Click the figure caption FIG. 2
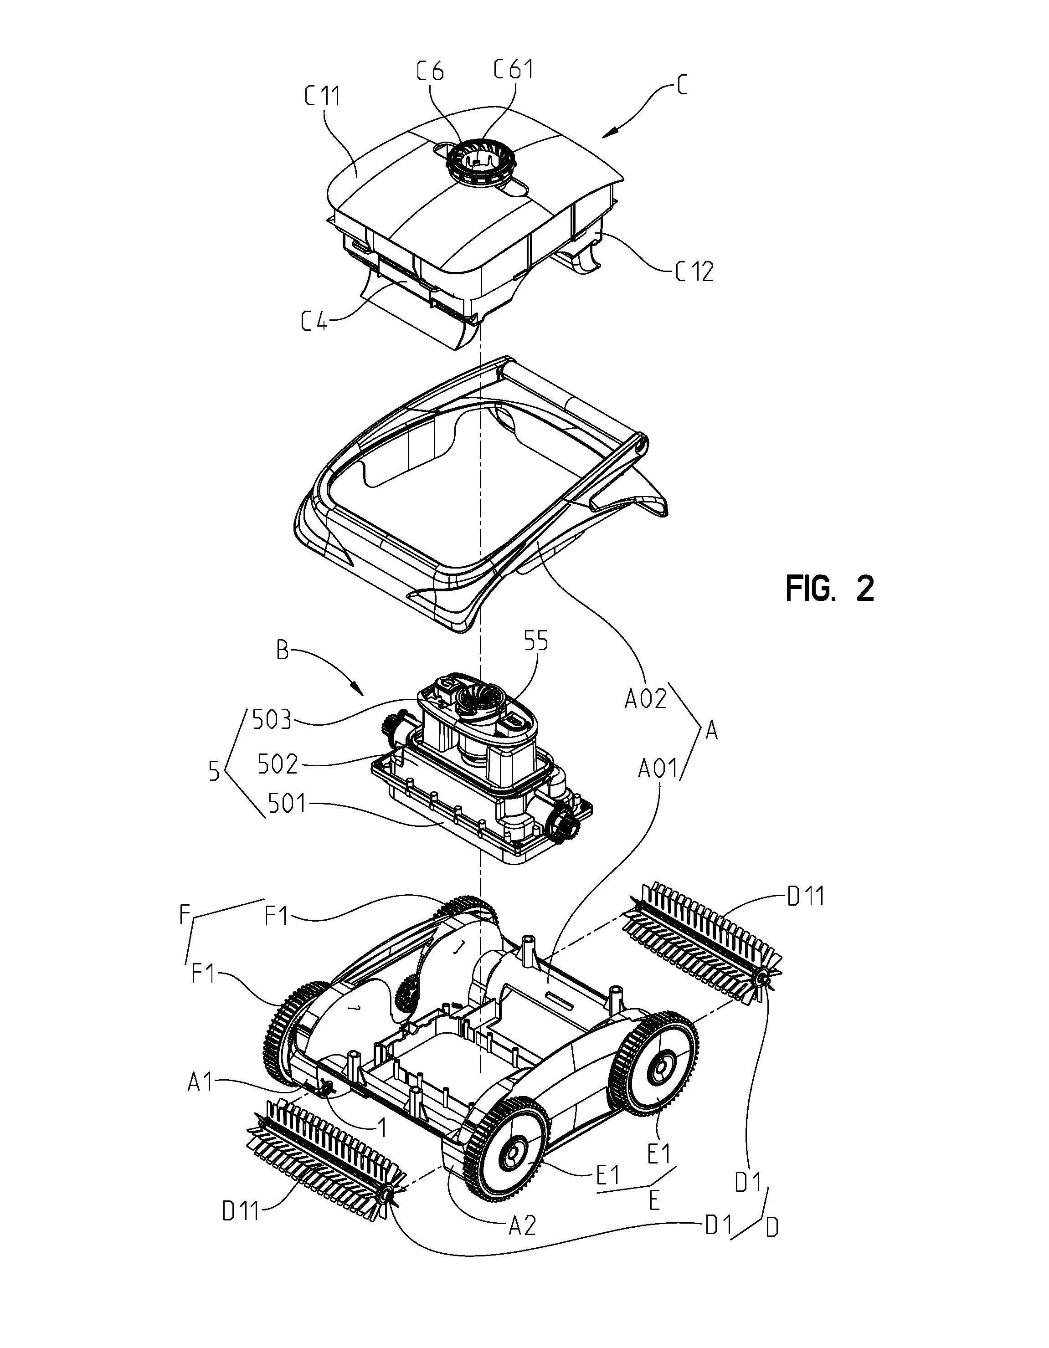click(830, 589)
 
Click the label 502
click(279, 765)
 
